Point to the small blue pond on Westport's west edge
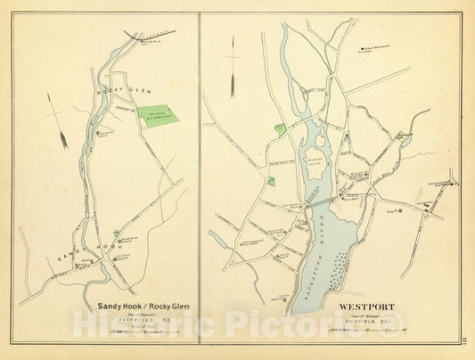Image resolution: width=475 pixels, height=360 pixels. point(217,238)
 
